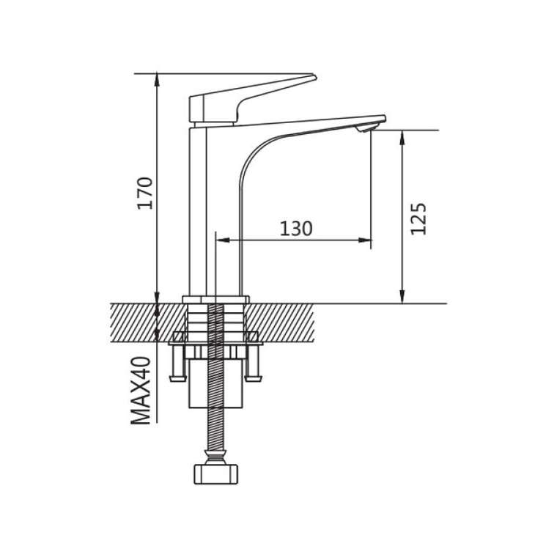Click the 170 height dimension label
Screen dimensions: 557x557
pyautogui.click(x=145, y=193)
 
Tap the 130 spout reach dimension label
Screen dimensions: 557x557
pyautogui.click(x=296, y=229)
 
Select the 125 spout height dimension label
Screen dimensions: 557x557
pyautogui.click(x=418, y=219)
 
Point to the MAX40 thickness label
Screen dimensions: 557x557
pyautogui.click(x=141, y=391)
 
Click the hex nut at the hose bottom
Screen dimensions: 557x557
pyautogui.click(x=215, y=474)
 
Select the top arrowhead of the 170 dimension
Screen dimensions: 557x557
pyautogui.click(x=157, y=81)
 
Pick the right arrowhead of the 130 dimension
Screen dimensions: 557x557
pyautogui.click(x=365, y=240)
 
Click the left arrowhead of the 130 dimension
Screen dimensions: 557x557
pyautogui.click(x=223, y=240)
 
